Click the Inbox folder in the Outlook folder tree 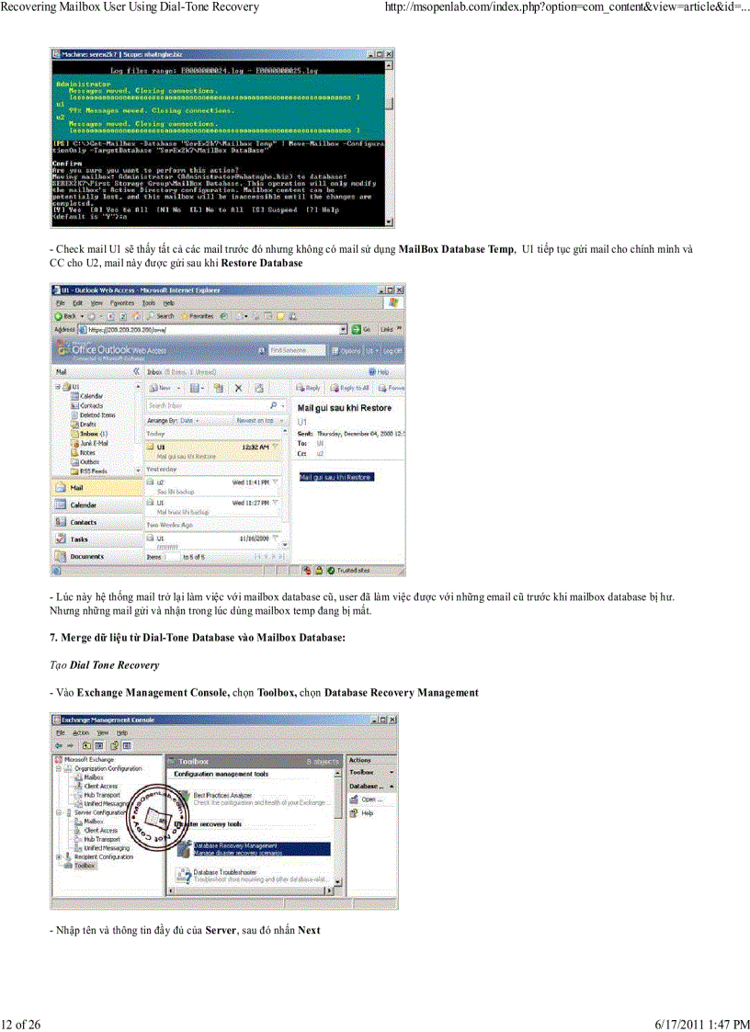[88, 433]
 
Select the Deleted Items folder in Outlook [90, 414]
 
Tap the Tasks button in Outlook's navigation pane [79, 539]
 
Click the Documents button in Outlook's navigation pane [86, 556]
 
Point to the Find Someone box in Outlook [296, 350]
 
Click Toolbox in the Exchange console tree [85, 865]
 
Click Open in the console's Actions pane [371, 800]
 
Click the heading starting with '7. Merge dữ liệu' [197, 638]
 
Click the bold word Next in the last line [309, 930]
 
